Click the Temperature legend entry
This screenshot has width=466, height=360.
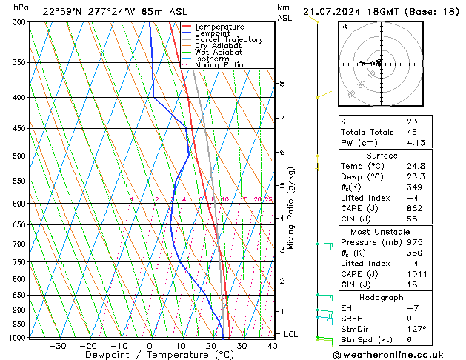pos(219,27)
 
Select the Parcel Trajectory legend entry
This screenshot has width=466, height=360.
pos(228,39)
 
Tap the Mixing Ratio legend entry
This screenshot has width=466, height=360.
pos(219,64)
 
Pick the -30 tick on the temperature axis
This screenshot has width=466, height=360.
pos(57,346)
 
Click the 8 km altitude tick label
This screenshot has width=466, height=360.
pos(282,84)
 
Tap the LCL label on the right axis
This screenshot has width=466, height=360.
pos(291,334)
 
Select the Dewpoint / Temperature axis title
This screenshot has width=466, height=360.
pos(149,356)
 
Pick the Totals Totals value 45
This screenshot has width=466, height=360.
pos(412,132)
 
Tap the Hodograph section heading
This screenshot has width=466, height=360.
pos(381,297)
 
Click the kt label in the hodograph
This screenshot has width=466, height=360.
pos(344,27)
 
